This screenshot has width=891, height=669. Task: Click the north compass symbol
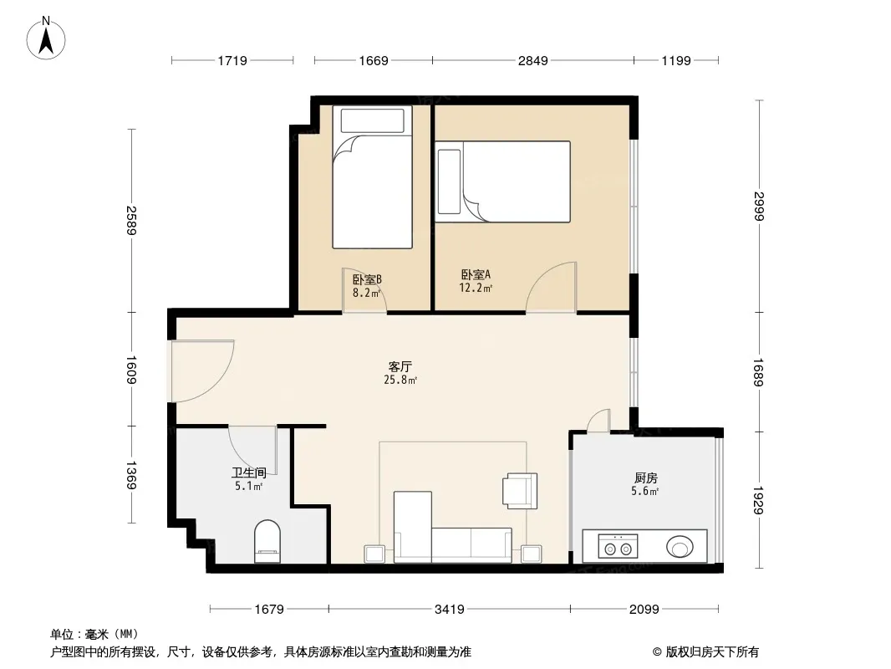(46, 38)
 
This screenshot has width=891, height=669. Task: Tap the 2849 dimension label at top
(532, 60)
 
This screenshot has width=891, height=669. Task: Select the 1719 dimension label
(232, 60)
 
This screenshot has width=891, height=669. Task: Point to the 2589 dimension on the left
(131, 221)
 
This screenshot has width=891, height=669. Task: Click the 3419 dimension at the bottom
(450, 610)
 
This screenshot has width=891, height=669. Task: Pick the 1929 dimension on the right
(759, 500)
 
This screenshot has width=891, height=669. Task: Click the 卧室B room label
(367, 279)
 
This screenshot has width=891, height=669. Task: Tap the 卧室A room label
(476, 274)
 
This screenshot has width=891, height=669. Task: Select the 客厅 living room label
(400, 366)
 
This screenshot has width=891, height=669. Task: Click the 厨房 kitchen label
(645, 478)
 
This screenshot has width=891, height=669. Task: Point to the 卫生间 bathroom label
(249, 472)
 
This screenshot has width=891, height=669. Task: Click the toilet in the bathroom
(267, 542)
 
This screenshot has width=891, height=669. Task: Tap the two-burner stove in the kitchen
(619, 546)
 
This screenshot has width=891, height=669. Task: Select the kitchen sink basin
(680, 547)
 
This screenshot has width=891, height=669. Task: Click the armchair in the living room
(520, 491)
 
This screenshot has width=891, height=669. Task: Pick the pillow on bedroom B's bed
(372, 120)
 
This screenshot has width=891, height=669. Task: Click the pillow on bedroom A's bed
(449, 182)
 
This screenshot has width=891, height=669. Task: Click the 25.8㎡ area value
(400, 380)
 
